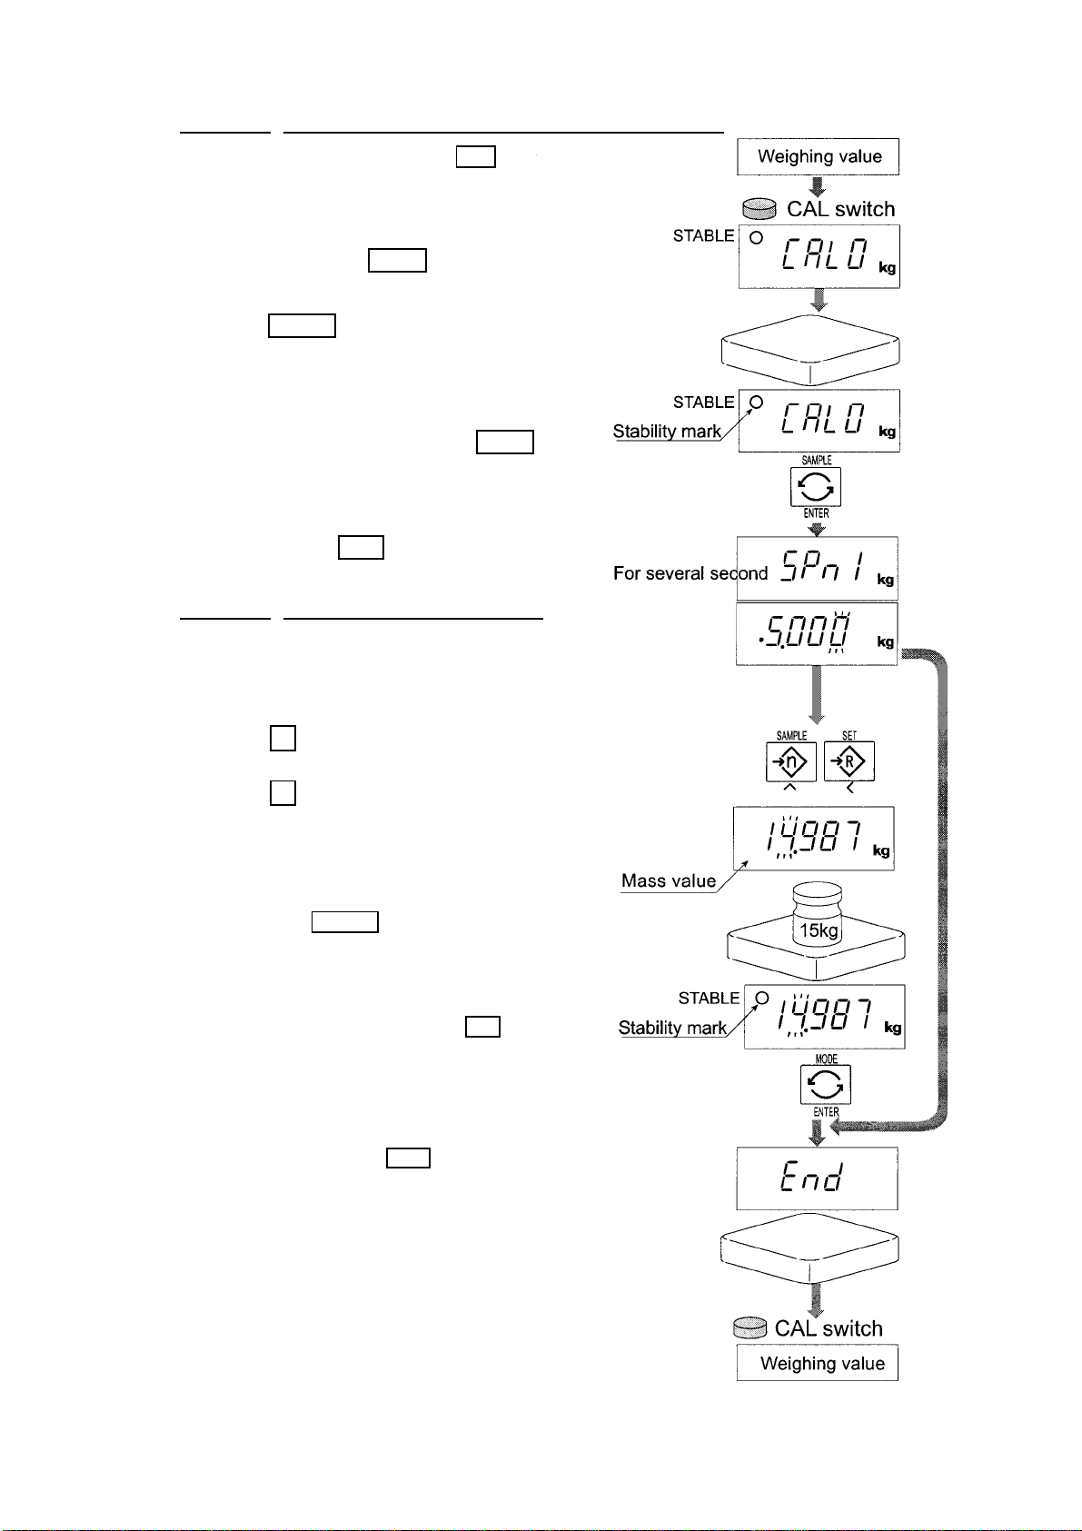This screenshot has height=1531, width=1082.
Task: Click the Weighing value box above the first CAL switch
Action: tap(818, 156)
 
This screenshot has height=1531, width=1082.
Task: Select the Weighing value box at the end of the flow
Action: tap(818, 1363)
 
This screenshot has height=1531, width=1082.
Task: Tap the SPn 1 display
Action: tap(818, 568)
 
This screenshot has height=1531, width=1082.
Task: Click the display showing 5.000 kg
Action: tap(817, 633)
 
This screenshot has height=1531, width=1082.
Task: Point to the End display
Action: tap(817, 1178)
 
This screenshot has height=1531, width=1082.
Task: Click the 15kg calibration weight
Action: tap(818, 914)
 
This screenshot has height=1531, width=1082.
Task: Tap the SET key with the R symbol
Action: tap(849, 761)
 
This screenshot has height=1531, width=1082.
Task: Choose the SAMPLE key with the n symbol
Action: tap(790, 761)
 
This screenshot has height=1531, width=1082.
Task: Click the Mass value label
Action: tap(669, 881)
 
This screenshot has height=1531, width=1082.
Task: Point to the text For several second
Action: tap(690, 572)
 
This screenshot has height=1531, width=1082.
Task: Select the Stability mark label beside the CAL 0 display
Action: tap(667, 432)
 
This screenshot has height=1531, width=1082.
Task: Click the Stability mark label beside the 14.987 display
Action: tap(672, 1028)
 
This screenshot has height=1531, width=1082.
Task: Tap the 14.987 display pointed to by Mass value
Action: tap(813, 838)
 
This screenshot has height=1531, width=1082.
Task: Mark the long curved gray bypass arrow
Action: tap(943, 889)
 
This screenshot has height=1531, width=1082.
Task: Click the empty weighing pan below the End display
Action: tap(809, 1248)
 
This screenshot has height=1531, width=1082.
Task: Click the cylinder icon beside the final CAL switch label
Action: tap(749, 1327)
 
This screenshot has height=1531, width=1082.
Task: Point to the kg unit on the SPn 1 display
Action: tap(885, 580)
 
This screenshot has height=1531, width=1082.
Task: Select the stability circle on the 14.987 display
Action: tap(762, 998)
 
